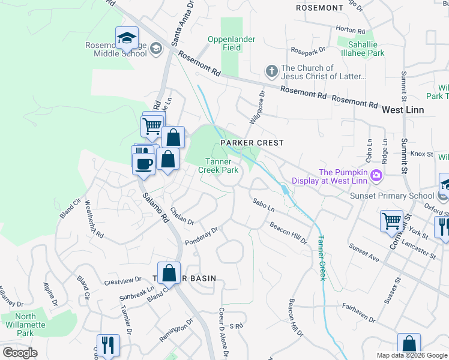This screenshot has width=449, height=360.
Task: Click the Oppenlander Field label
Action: coord(232,44)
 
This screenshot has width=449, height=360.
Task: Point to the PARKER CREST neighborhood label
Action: coord(252,143)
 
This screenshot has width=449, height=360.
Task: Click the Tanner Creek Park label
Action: coord(218,166)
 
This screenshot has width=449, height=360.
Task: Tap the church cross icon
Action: coord(271,71)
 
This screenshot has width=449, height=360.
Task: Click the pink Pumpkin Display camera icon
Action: coord(376,176)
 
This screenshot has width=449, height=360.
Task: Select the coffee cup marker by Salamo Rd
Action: coord(144,163)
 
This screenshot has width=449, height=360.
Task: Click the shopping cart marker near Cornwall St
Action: coord(391,220)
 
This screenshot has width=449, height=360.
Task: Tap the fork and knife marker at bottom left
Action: coord(108,344)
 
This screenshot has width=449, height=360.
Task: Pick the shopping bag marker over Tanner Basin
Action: coord(169,273)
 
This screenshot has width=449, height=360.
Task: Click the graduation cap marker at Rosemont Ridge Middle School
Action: coord(127,38)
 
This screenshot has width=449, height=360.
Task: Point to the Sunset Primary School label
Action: coord(393,196)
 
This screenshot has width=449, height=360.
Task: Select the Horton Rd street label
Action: coord(351,30)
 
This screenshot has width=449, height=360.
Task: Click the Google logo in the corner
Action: coord(20,352)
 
